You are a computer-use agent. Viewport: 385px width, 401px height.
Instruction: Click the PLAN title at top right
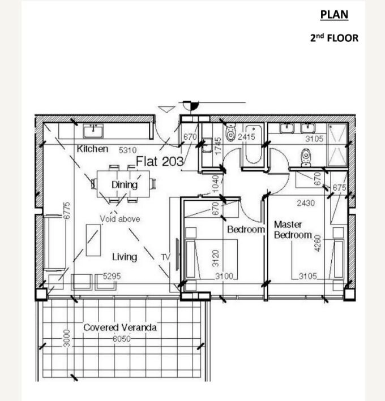click(334, 15)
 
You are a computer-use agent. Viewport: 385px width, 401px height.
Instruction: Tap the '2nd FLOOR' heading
click(334, 38)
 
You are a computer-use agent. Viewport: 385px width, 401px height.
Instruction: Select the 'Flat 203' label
click(160, 161)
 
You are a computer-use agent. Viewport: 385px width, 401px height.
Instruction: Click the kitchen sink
click(93, 131)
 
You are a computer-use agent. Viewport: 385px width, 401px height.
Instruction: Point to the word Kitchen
click(92, 149)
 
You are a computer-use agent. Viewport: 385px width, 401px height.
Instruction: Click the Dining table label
click(125, 184)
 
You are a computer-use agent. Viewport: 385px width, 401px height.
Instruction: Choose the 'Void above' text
click(120, 219)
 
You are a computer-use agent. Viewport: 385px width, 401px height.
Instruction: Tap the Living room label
click(125, 257)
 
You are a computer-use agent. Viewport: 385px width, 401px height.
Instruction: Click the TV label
click(165, 257)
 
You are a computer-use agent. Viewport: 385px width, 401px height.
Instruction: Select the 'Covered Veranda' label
click(120, 327)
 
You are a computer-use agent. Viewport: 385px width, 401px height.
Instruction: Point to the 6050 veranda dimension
click(122, 339)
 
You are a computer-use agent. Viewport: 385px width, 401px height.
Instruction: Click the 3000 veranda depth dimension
click(67, 338)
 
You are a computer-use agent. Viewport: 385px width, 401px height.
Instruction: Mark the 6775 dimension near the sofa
click(67, 210)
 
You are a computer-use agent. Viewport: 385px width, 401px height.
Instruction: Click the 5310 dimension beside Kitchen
click(127, 150)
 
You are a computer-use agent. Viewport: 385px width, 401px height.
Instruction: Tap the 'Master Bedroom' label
click(293, 230)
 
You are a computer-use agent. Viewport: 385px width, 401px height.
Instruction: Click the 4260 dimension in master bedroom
click(317, 243)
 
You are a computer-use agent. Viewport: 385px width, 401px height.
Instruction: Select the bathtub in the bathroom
click(254, 144)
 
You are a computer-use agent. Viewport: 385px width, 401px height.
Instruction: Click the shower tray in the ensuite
click(337, 145)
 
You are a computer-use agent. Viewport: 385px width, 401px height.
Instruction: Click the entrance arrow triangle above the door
click(166, 109)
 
